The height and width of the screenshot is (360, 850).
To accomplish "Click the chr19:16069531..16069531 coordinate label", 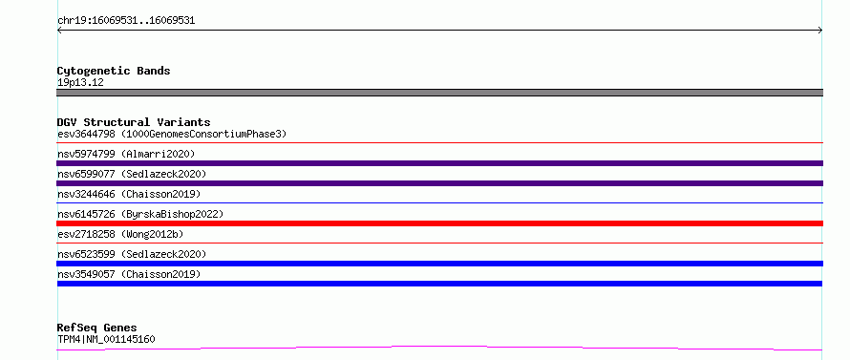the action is click(x=126, y=21).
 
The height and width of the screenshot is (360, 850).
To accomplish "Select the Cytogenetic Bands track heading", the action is click(x=114, y=71).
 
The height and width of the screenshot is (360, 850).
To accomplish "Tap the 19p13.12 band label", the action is click(x=80, y=82).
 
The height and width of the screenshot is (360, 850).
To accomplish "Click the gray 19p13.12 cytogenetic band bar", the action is click(x=439, y=93).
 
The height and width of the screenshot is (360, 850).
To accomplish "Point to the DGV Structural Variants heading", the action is click(x=134, y=122).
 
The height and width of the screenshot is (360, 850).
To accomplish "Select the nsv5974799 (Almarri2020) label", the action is click(x=126, y=154).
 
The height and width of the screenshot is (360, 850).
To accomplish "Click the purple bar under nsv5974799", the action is click(x=439, y=163).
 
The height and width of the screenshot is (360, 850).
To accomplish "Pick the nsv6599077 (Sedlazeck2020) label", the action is click(x=132, y=174).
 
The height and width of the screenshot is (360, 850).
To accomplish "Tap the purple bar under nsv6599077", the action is click(x=439, y=183).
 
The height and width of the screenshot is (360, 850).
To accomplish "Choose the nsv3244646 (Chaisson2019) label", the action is click(x=129, y=194).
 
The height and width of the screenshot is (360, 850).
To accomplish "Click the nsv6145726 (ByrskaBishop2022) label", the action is click(x=140, y=214).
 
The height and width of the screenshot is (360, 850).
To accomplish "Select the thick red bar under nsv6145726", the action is click(x=439, y=223).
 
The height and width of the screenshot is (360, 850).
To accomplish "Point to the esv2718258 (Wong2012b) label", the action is click(x=120, y=234).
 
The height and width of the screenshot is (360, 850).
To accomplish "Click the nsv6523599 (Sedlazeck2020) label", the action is click(x=132, y=254).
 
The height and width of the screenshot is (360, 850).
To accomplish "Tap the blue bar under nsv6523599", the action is click(x=439, y=264).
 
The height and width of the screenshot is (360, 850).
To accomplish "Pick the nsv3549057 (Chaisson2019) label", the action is click(x=129, y=274).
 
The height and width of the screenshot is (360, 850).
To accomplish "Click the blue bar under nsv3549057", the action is click(x=439, y=284).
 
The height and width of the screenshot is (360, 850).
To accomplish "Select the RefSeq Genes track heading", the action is click(x=97, y=328).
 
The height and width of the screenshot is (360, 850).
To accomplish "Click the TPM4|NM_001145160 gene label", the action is click(x=106, y=339).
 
